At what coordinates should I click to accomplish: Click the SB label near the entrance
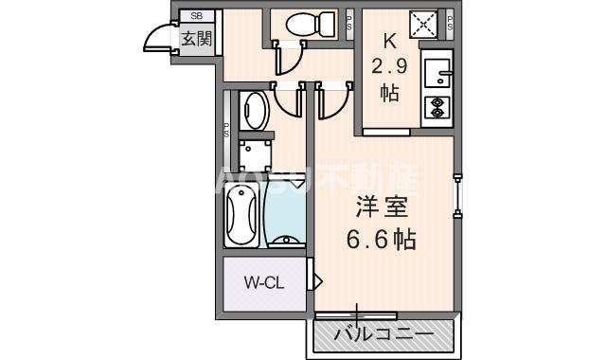[197, 16]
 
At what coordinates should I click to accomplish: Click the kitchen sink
[438, 72]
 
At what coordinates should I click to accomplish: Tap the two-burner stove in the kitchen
[438, 107]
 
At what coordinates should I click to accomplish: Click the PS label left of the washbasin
[226, 132]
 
